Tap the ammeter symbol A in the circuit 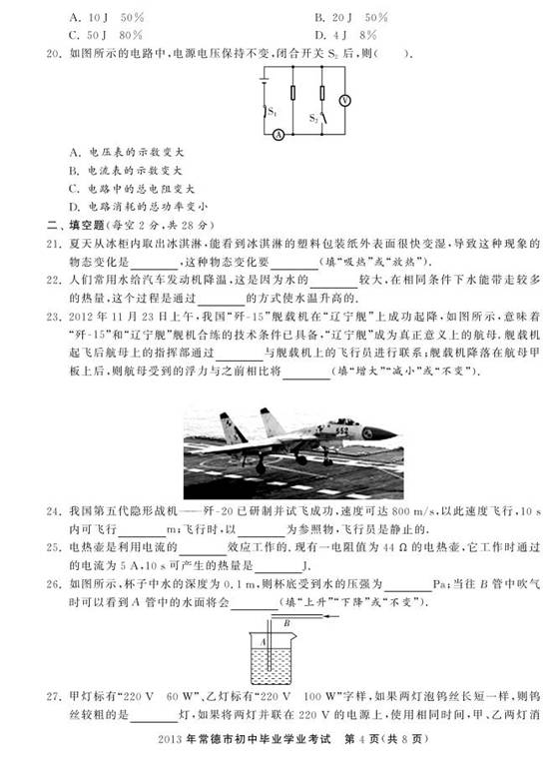point(278,133)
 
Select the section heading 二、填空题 point(66,225)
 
